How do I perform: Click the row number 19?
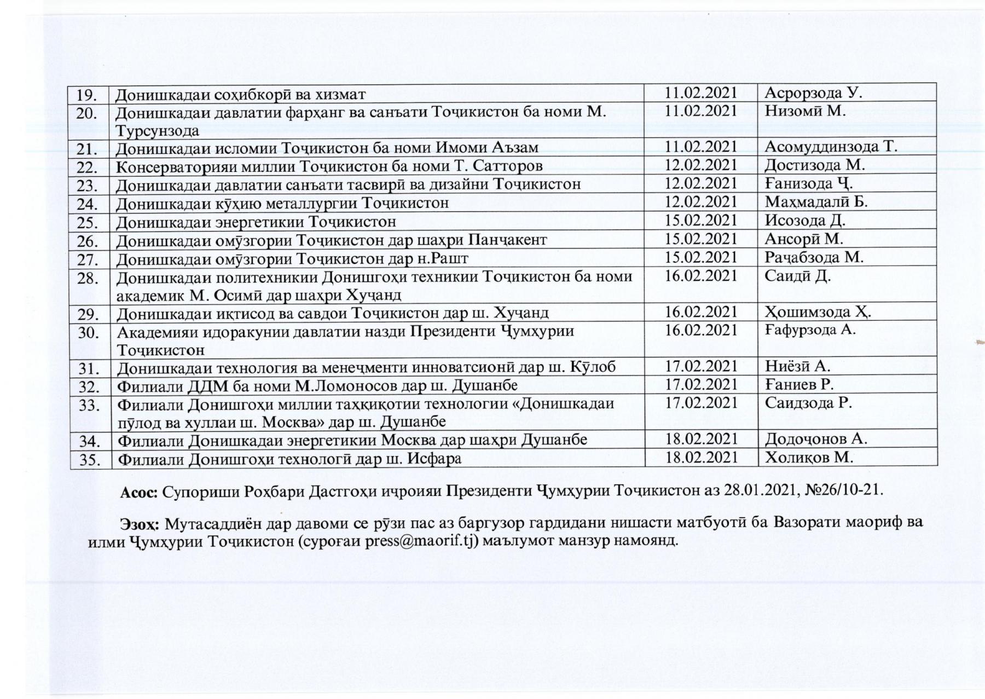click(88, 94)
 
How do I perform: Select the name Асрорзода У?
click(813, 93)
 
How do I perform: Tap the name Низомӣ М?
click(806, 111)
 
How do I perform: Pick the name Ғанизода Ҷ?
click(809, 183)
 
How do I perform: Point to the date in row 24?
click(701, 202)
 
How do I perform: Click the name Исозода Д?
click(805, 221)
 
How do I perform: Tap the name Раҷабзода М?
click(814, 257)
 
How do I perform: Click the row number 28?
click(88, 278)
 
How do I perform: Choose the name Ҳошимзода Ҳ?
click(818, 313)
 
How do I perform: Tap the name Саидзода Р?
click(809, 403)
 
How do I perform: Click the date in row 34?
click(701, 439)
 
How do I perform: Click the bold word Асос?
click(139, 489)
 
